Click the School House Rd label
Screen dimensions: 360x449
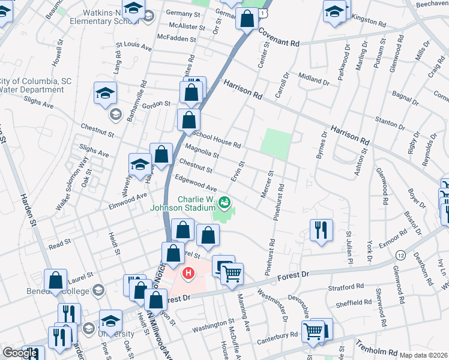[x=216, y=140]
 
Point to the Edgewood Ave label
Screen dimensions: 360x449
[x=195, y=183]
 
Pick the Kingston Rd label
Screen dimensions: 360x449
[x=368, y=20]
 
